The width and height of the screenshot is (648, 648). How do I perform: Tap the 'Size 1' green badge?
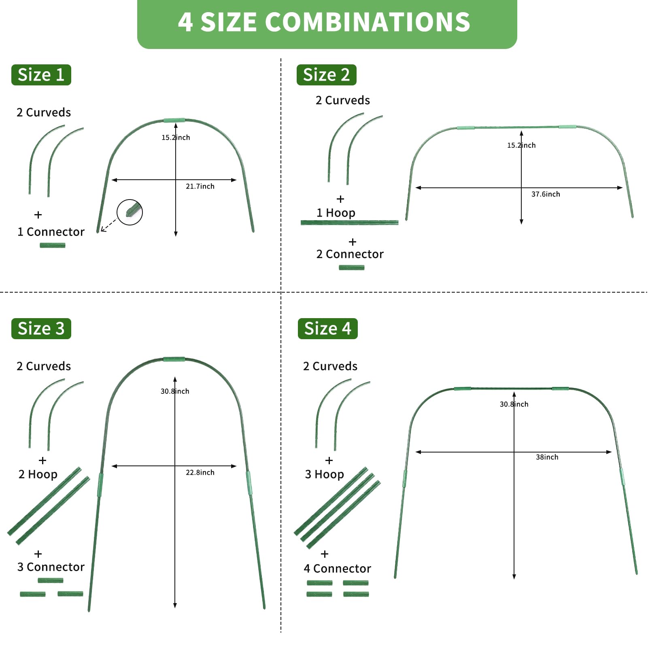point(41,75)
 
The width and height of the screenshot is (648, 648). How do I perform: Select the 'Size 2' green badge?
point(326,75)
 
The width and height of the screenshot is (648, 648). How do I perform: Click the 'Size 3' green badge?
point(41,329)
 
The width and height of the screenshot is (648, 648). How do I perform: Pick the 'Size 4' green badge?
point(327,329)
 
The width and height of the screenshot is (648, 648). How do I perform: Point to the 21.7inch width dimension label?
point(200,187)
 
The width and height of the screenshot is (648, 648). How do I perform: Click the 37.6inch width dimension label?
point(546,194)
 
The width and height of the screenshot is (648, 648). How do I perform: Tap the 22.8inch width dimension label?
point(200,473)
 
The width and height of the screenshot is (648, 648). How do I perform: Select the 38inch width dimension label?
point(547,457)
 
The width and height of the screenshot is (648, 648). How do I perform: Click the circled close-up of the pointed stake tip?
point(130,212)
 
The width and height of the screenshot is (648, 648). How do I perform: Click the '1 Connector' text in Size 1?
point(51,232)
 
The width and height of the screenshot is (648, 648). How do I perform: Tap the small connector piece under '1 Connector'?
point(53,245)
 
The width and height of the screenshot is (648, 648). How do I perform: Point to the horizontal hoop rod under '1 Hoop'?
point(349,223)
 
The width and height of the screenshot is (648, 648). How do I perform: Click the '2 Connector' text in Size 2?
point(350,254)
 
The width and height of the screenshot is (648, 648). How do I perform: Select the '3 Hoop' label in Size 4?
point(324,474)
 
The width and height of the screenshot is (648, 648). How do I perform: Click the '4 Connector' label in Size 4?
point(337,569)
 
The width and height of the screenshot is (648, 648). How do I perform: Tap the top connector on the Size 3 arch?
point(174,359)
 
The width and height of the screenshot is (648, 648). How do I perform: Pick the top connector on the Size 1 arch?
point(174,120)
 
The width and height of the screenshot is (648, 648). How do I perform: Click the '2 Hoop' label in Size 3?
point(38,474)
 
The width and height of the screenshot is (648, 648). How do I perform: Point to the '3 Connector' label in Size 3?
point(51,567)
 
